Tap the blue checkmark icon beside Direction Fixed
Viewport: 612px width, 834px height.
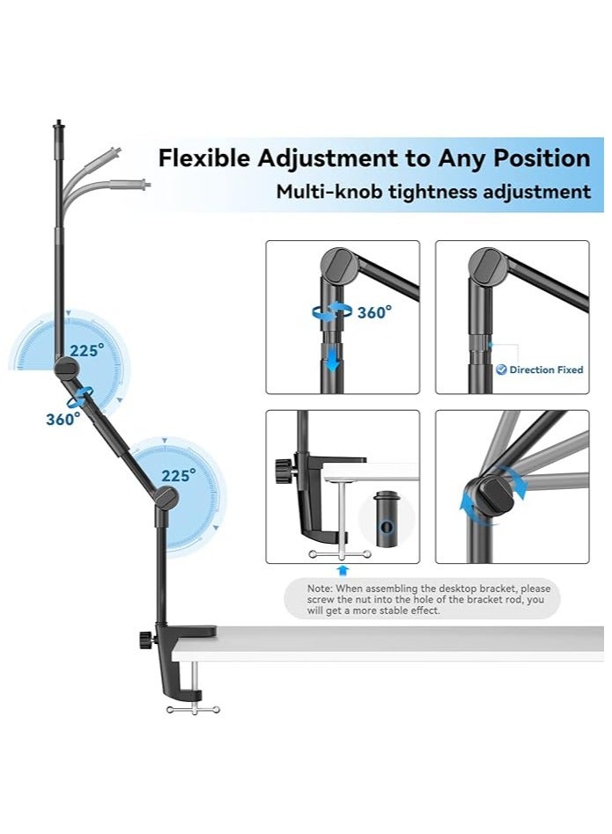[x=501, y=370]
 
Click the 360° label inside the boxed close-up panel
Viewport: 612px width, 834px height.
[x=375, y=311]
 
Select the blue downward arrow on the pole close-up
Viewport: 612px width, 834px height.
[x=332, y=359]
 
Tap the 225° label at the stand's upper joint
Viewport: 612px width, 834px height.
[x=87, y=350]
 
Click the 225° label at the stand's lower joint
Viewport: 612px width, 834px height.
[x=178, y=475]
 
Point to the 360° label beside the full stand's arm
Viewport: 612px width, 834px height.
[x=63, y=420]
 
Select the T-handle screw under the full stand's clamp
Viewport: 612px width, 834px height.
[x=193, y=707]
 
